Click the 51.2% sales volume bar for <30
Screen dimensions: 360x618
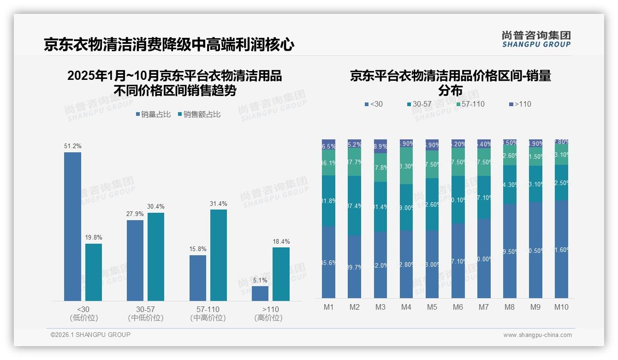pyautogui.click(x=72, y=226)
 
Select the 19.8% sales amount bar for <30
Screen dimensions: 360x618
pyautogui.click(x=94, y=272)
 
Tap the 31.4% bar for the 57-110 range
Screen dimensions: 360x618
pyautogui.click(x=219, y=255)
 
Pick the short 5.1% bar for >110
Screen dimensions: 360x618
pyautogui.click(x=260, y=294)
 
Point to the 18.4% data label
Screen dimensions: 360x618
pyautogui.click(x=281, y=241)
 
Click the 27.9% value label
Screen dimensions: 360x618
pyautogui.click(x=135, y=214)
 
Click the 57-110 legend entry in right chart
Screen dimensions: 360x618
pyautogui.click(x=470, y=104)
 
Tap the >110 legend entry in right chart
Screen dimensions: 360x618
pyautogui.click(x=520, y=104)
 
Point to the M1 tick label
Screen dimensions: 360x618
pyautogui.click(x=328, y=307)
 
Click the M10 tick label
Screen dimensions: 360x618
pyautogui.click(x=561, y=307)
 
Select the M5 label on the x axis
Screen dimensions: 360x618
pyautogui.click(x=432, y=307)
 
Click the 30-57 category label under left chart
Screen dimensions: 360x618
pyautogui.click(x=146, y=309)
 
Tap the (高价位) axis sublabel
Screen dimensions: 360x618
pyautogui.click(x=268, y=318)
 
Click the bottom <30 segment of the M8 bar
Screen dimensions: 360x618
pyautogui.click(x=510, y=251)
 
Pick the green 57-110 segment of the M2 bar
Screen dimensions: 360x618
pyautogui.click(x=355, y=162)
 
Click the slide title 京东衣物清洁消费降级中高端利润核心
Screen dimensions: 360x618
pyautogui.click(x=169, y=45)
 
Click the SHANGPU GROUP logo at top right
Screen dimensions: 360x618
pyautogui.click(x=536, y=39)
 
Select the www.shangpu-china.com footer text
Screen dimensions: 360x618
pyautogui.click(x=537, y=335)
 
